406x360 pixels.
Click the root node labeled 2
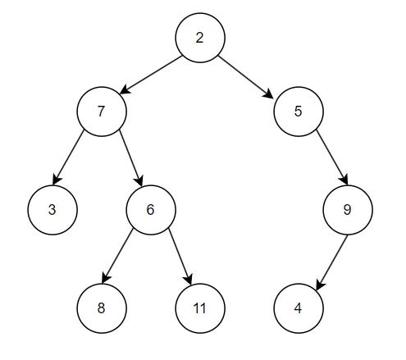point(199,37)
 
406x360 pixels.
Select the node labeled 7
point(101,111)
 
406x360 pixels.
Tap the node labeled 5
point(299,111)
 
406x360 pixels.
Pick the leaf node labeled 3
point(52,209)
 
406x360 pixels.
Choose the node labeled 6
point(150,209)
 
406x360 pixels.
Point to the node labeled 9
point(347,209)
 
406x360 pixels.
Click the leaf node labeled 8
point(101,308)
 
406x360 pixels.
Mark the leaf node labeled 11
point(199,308)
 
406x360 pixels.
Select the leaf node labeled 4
point(299,308)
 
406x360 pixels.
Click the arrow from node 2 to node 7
point(150,74)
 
